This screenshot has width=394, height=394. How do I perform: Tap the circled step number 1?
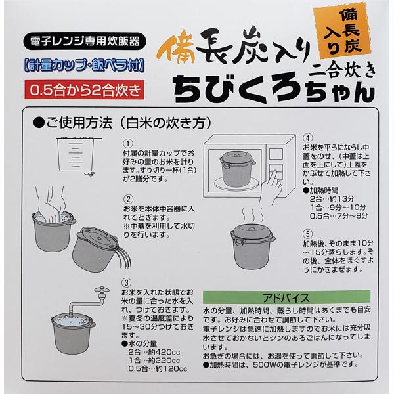(x=129, y=142)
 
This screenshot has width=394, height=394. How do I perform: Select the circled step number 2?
(x=129, y=198)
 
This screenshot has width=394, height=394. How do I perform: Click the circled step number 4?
(x=307, y=139)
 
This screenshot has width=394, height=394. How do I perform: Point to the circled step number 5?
(x=307, y=234)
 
